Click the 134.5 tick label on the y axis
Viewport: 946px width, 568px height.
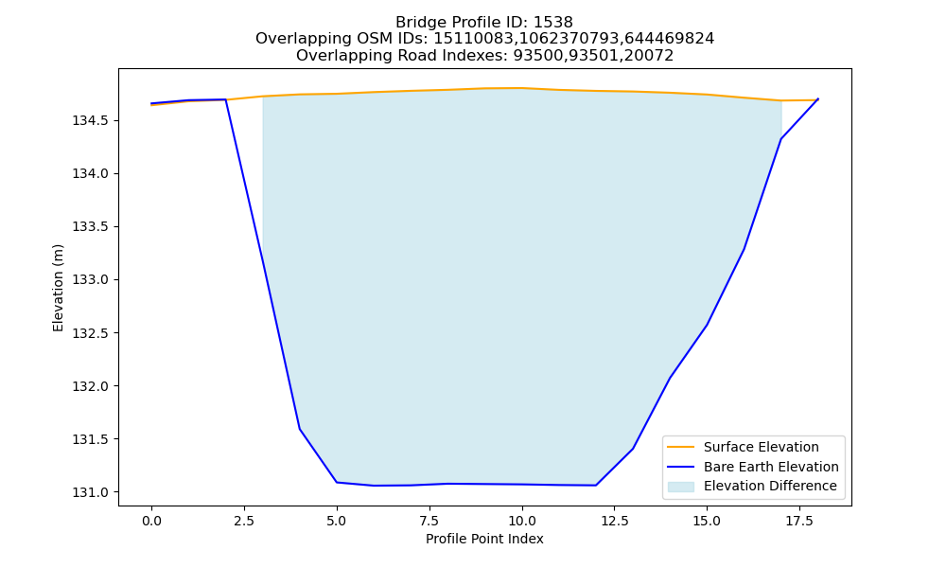(91, 121)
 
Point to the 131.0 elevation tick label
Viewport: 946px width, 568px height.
(91, 492)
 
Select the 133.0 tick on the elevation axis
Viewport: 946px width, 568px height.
(91, 280)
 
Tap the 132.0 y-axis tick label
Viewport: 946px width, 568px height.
(91, 386)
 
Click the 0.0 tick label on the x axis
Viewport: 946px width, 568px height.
(151, 521)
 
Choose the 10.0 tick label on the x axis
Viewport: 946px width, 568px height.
(522, 521)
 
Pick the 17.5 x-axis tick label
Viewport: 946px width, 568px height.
(799, 521)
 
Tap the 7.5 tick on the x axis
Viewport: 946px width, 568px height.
(429, 521)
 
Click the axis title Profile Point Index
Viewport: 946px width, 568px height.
(484, 539)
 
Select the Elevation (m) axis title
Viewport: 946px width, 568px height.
(58, 288)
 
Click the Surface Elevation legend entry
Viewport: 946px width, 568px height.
(762, 447)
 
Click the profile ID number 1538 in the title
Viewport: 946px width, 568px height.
(553, 23)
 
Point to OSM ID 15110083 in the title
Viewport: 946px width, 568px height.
(472, 39)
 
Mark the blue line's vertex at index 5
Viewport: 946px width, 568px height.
(337, 482)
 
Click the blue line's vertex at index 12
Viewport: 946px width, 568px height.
(596, 486)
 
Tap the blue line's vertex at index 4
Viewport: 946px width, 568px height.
(300, 429)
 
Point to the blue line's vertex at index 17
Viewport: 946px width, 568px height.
(781, 139)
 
